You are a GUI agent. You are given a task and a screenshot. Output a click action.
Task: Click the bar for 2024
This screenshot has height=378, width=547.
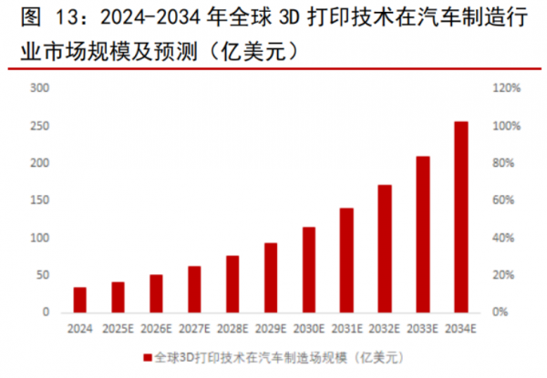pos(80,300)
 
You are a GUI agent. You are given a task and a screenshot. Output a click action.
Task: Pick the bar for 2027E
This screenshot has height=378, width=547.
pos(194,289)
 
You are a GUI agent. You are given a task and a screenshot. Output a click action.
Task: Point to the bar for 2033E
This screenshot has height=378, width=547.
pos(423,234)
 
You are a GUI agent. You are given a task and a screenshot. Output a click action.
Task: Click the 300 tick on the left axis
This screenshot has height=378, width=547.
pos(39,88)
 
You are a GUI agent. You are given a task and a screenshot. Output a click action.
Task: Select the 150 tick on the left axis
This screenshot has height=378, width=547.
pos(39,200)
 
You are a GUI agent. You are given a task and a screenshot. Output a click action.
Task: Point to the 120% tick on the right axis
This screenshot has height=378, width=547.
pos(507,88)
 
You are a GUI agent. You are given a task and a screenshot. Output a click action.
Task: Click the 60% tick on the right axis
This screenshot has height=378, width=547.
pos(505,200)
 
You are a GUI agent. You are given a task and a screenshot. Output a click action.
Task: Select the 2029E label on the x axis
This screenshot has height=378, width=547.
pos(271,330)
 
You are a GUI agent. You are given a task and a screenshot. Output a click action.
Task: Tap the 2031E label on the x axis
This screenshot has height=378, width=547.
pos(347,330)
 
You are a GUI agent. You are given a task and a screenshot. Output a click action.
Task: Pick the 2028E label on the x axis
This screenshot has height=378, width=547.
pos(232,330)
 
